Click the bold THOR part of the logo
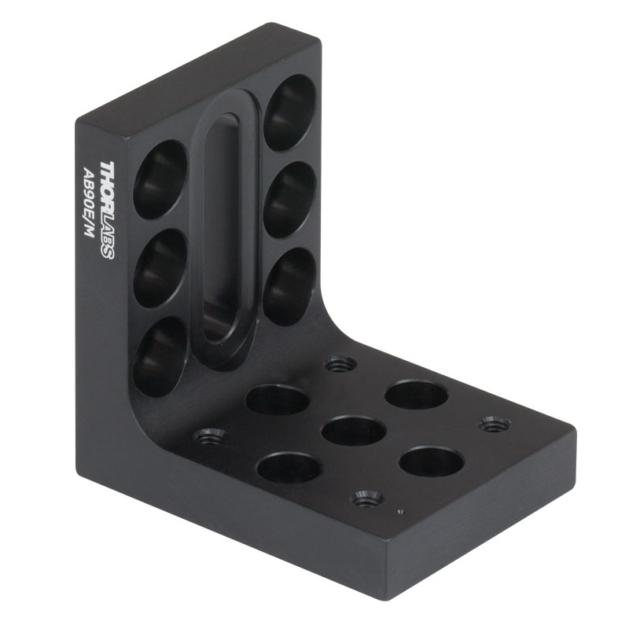click(108, 186)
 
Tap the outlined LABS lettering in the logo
click(108, 235)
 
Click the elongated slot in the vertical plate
click(225, 228)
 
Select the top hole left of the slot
click(160, 179)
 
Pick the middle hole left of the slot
click(160, 268)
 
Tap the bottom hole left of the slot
click(160, 356)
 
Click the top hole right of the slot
click(290, 112)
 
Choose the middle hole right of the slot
click(290, 200)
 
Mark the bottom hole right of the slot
click(289, 286)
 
